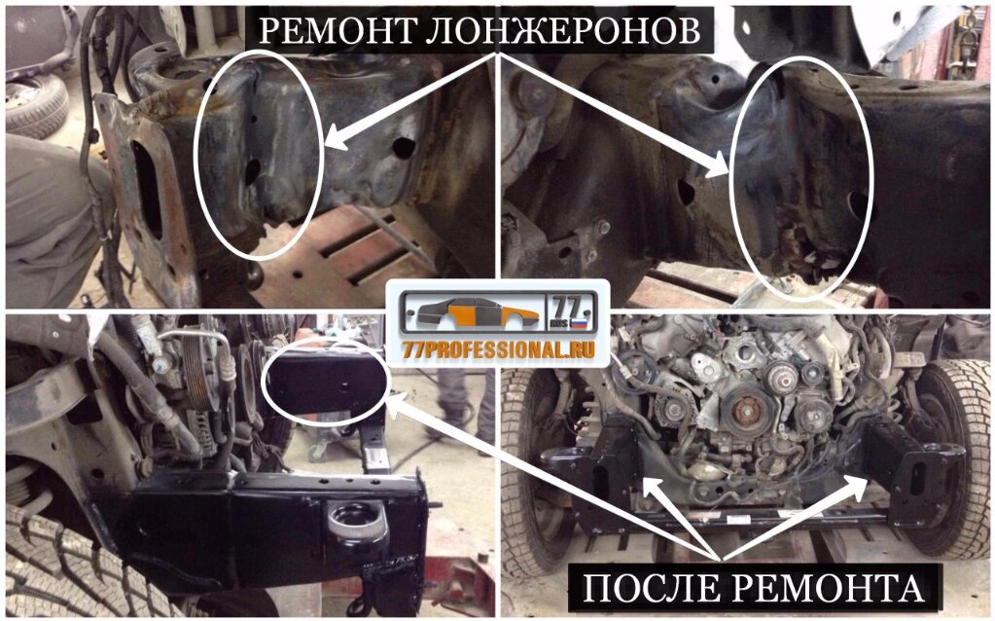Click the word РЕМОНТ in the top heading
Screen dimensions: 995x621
coord(336,30)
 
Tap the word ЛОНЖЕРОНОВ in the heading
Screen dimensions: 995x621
coord(563,30)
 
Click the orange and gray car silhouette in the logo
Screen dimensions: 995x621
coord(476,312)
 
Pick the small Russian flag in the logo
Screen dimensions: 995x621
coord(578,322)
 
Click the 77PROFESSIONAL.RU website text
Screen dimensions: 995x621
coord(498,349)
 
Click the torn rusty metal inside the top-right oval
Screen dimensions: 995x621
coord(802,252)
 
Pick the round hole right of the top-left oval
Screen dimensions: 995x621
coord(404,147)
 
